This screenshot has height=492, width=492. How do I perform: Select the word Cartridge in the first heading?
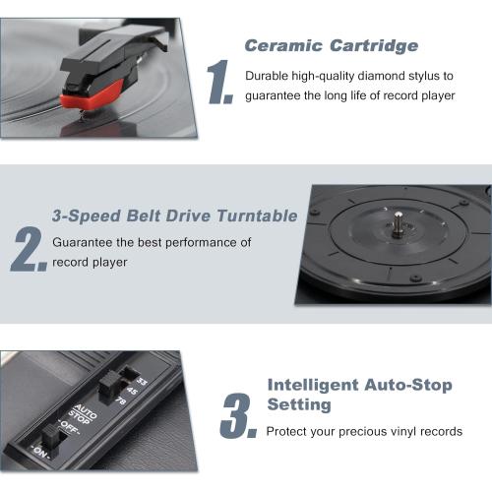coord(375,45)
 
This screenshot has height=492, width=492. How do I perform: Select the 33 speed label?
coord(141,382)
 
